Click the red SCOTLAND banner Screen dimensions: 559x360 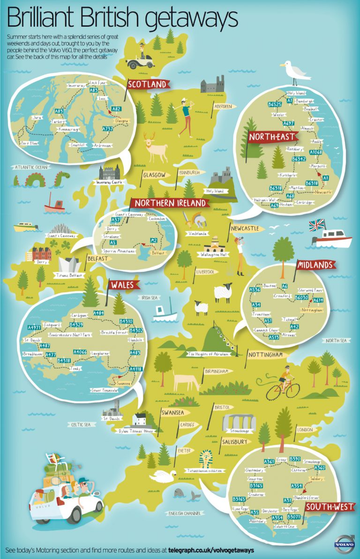[x=147, y=84]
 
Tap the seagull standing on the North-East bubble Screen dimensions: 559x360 [x=295, y=70]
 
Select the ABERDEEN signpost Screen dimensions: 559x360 [x=223, y=106]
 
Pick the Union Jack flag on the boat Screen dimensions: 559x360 [x=317, y=224]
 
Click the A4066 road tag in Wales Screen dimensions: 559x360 [x=80, y=351]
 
